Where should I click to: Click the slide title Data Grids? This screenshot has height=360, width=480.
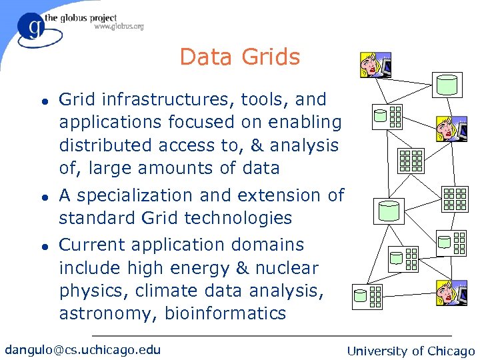(x=239, y=57)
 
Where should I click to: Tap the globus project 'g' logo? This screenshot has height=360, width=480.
(x=32, y=28)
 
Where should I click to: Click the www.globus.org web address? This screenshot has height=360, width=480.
(x=119, y=27)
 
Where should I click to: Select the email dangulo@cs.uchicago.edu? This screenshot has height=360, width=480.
(x=83, y=349)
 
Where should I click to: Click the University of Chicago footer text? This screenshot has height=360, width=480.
(x=411, y=351)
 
